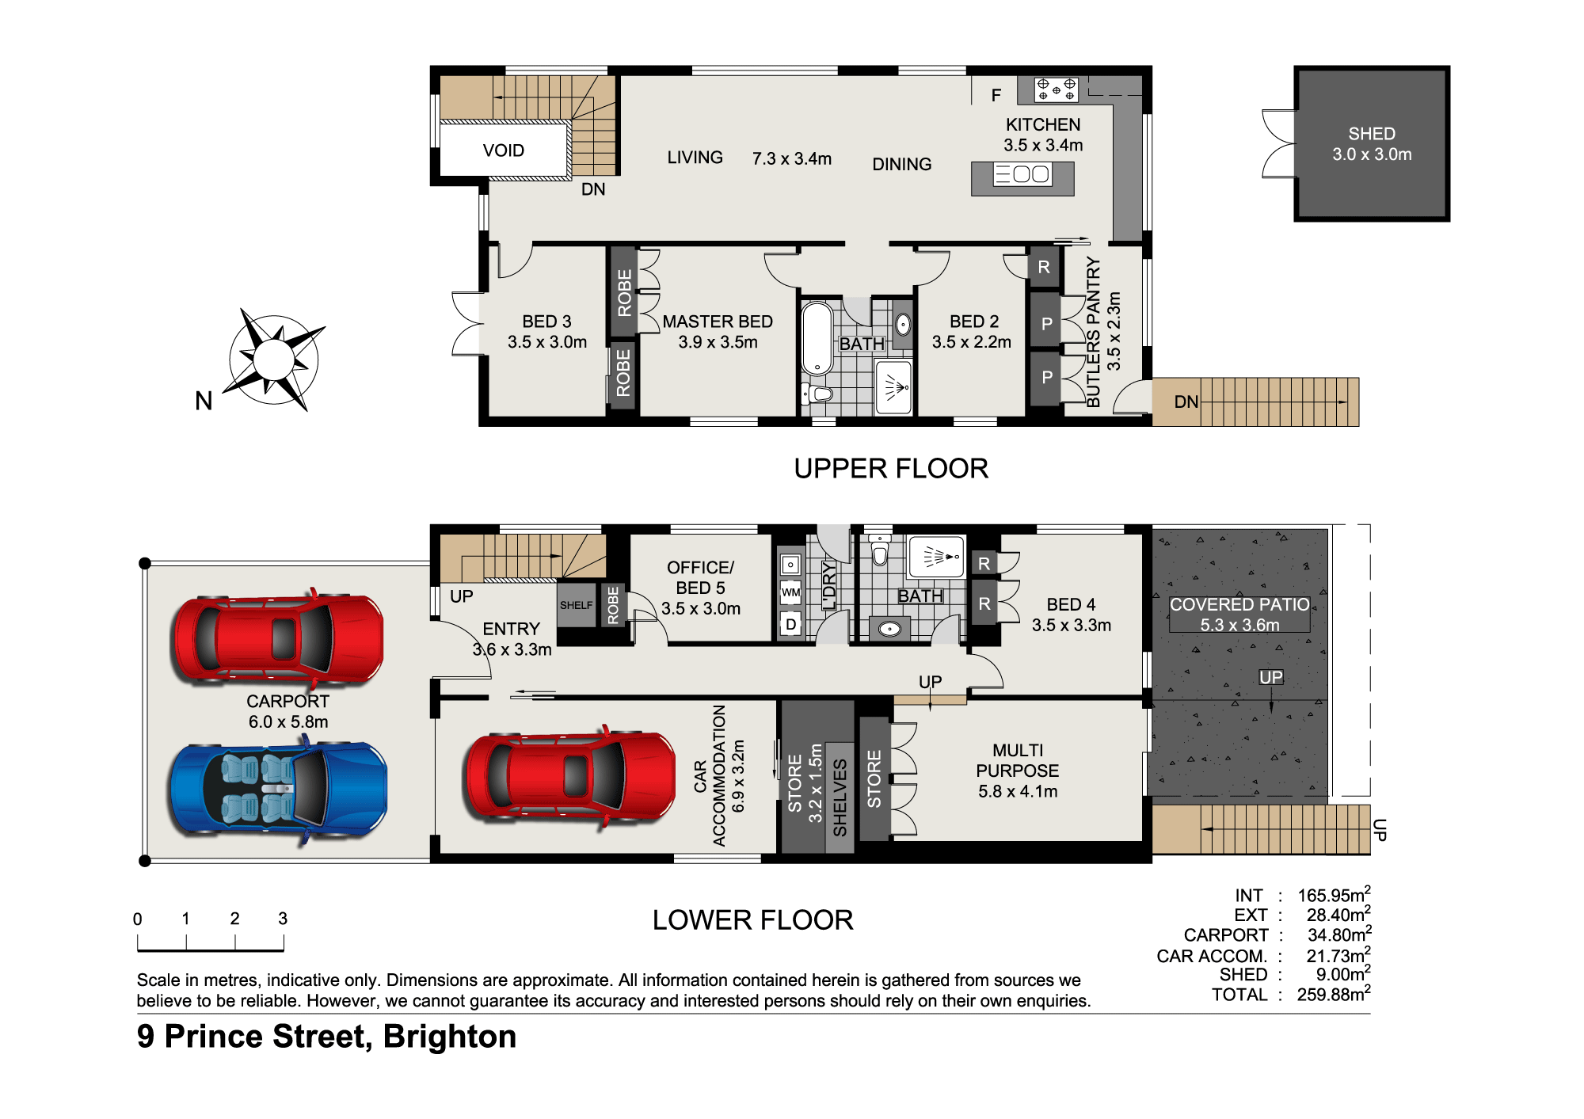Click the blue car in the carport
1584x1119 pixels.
click(x=278, y=790)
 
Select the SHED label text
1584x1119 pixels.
click(x=1372, y=134)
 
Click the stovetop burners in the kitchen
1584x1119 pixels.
click(x=1057, y=89)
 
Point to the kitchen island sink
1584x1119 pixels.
click(x=1022, y=174)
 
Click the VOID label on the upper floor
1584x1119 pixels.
click(x=504, y=150)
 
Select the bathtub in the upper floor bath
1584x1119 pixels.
click(x=817, y=338)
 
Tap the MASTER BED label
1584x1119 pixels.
click(x=718, y=322)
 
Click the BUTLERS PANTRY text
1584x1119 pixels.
click(x=1094, y=332)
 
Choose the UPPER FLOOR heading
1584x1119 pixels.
click(x=891, y=468)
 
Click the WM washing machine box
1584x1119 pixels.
click(x=790, y=592)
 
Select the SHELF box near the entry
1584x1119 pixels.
click(x=576, y=605)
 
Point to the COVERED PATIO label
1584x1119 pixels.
click(x=1239, y=604)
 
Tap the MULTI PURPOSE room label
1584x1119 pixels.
click(x=1018, y=760)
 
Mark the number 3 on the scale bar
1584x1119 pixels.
click(x=283, y=919)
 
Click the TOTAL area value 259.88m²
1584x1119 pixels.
click(x=1334, y=994)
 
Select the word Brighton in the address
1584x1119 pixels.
click(x=450, y=1037)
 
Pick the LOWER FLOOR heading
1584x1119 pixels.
click(x=752, y=919)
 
